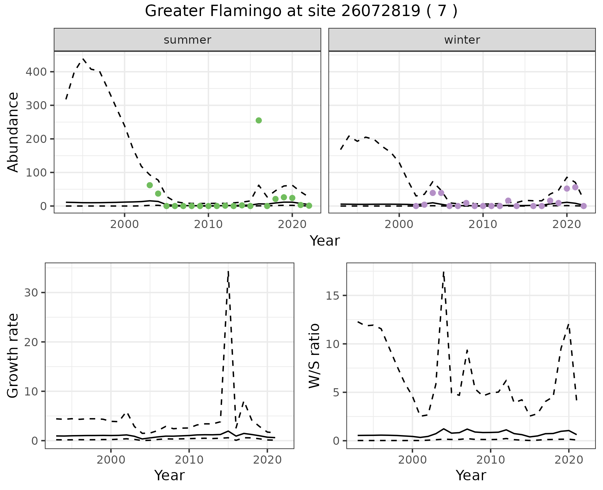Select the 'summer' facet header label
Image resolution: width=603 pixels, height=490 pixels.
(187, 40)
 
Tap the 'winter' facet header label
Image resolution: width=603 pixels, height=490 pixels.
(462, 40)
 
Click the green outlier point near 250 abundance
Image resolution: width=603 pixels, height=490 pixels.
(258, 120)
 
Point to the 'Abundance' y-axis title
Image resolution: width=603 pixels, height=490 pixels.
(13, 132)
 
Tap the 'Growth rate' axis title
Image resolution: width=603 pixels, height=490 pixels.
(13, 356)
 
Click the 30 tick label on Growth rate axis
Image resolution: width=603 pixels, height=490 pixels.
(30, 293)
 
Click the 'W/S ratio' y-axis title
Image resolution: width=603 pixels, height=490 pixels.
(314, 356)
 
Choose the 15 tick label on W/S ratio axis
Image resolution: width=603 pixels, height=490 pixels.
(333, 296)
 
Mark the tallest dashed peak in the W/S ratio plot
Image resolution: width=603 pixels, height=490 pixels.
(443, 272)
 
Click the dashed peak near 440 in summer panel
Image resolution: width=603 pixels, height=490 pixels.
(83, 59)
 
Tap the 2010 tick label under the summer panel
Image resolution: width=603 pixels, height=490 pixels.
(208, 224)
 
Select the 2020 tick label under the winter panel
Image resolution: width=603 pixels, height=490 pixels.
(567, 224)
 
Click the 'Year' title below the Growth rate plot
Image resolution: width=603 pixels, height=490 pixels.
(169, 475)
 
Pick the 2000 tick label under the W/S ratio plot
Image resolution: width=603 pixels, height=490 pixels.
(412, 460)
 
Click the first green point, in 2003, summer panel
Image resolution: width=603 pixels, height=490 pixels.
(149, 185)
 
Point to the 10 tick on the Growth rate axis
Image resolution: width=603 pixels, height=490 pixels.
(30, 391)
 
